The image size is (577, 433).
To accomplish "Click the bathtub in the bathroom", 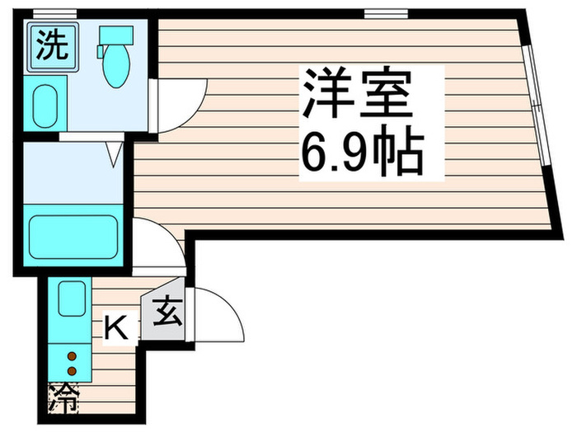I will pyautogui.click(x=74, y=238).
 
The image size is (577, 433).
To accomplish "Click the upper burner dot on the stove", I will pyautogui.click(x=72, y=355).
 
